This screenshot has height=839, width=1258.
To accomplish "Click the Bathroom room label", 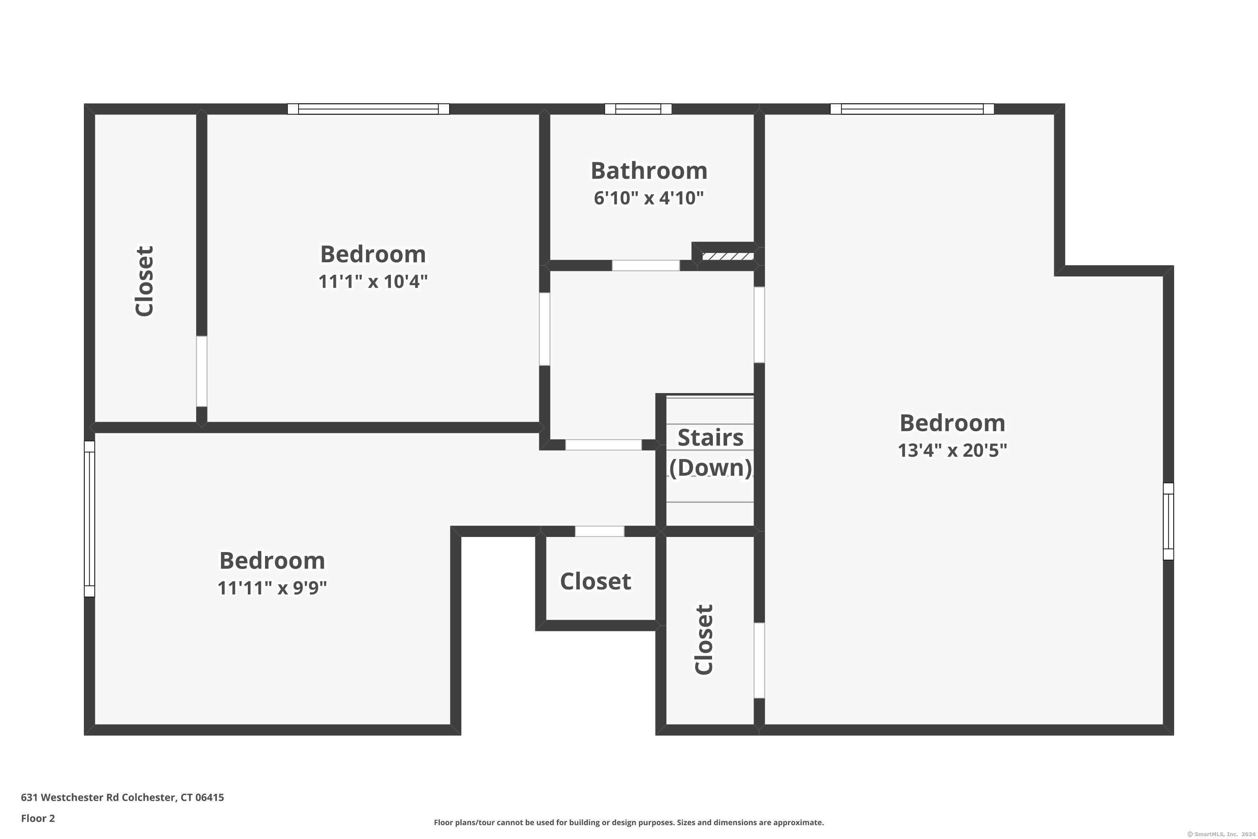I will (649, 171).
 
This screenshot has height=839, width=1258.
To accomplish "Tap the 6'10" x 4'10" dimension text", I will (649, 198).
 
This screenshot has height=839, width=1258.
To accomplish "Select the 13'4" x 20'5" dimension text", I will (952, 451).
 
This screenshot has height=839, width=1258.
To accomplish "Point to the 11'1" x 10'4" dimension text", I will (373, 281).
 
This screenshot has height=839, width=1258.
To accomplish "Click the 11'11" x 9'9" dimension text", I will (272, 588).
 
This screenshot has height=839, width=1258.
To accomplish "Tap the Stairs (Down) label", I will (710, 453).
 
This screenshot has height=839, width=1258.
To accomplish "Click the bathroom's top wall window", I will (638, 109).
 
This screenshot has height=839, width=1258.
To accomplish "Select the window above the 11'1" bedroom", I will (368, 109).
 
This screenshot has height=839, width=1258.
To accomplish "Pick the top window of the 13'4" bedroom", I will (912, 109).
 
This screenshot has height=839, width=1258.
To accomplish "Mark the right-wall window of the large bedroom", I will (1168, 521).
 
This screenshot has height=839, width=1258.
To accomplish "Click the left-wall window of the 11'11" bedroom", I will (89, 519).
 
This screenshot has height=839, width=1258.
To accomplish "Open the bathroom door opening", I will (646, 266).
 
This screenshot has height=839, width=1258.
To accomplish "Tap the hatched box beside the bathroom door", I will (728, 257).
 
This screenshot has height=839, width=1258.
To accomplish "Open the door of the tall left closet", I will (202, 371).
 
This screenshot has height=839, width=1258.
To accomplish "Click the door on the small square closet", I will (599, 532).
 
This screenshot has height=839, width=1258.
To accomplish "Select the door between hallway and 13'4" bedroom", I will (759, 325).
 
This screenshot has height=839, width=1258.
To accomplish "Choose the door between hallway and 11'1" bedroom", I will (544, 328).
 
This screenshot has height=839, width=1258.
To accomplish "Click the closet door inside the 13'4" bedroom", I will (759, 660).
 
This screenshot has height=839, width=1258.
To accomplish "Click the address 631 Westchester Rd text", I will (122, 797).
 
